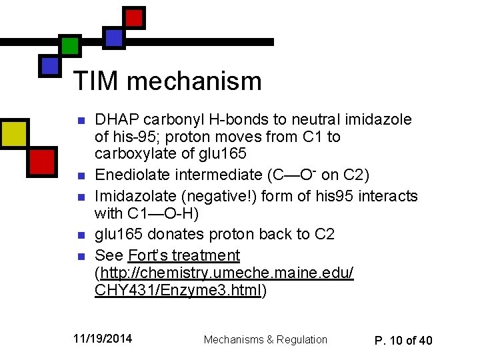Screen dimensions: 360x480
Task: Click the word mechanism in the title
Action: (x=195, y=81)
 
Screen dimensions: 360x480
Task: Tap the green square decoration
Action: (x=70, y=46)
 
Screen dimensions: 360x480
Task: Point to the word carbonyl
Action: (x=170, y=120)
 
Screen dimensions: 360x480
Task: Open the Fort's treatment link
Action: (x=183, y=255)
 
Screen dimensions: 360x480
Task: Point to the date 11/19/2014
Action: (x=103, y=339)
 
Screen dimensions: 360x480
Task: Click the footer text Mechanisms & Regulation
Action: (x=265, y=339)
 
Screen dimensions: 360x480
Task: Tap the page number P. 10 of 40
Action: (x=403, y=340)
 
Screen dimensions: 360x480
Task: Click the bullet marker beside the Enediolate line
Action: (x=81, y=175)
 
